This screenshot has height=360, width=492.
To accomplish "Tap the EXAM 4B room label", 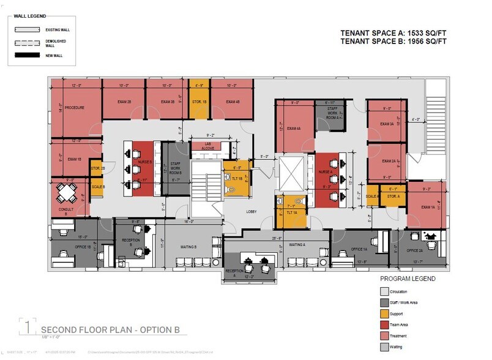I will [x=231, y=102].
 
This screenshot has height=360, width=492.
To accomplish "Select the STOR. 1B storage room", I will [x=198, y=102].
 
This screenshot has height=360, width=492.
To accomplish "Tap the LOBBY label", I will [x=252, y=212].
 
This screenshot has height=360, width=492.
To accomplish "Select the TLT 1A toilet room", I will [x=290, y=212].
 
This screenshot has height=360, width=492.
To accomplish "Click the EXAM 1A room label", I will [x=427, y=208].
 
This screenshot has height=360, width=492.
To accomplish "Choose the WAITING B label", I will [x=188, y=247].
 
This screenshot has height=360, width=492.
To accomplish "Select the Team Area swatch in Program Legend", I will [x=384, y=324].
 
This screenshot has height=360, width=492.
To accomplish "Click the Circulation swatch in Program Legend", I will [x=384, y=291].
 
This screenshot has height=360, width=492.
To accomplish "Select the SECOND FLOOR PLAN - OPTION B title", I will [x=110, y=329].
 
